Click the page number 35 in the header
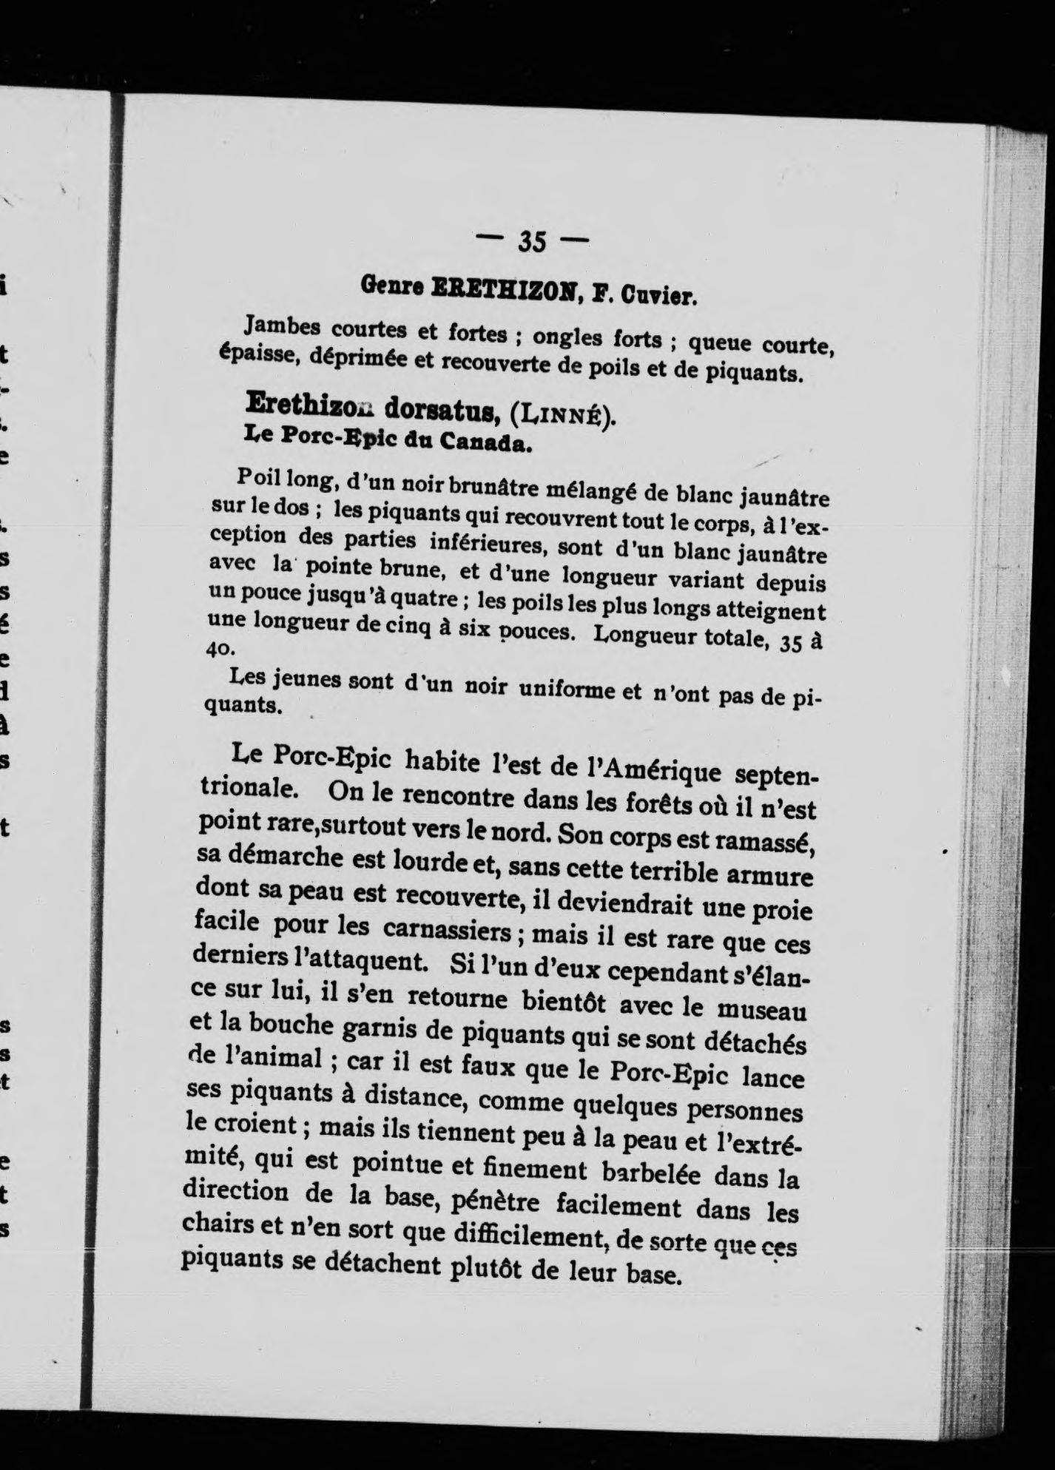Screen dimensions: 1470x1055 (531, 241)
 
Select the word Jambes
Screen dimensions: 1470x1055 (283, 325)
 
